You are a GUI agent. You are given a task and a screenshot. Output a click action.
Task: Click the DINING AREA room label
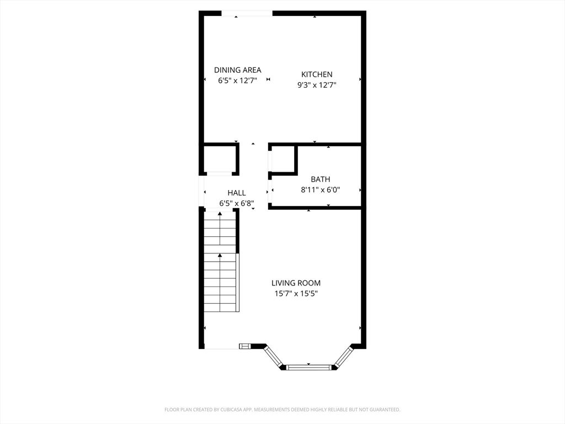tap(237, 70)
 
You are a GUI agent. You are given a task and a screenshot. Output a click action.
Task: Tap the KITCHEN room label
tap(317, 75)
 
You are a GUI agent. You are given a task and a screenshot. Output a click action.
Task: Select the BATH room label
tap(320, 179)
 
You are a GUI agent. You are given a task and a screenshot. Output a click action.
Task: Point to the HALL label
tap(237, 193)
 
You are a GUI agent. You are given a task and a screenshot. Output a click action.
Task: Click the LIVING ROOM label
tap(296, 283)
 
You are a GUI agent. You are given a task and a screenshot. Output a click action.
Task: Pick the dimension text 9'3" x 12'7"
tap(317, 85)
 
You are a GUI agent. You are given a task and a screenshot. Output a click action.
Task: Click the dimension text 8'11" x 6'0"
tap(320, 190)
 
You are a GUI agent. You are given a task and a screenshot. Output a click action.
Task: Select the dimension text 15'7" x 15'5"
tap(296, 294)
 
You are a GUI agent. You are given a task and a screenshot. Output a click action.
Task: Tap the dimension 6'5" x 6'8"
tap(237, 203)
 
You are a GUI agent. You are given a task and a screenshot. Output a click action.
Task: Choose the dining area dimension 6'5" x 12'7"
tap(237, 81)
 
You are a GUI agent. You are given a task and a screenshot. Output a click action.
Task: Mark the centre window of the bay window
tap(308, 366)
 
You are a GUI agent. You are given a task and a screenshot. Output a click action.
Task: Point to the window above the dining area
tap(247, 13)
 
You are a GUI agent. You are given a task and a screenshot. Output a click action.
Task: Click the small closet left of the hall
tap(220, 159)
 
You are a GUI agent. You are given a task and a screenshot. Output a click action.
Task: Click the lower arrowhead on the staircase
tap(220, 255)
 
